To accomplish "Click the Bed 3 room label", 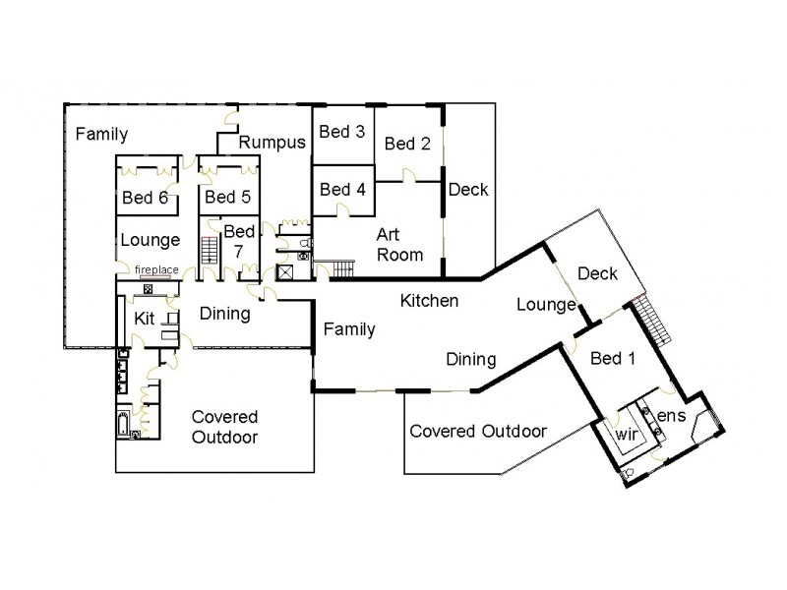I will pos(343,132).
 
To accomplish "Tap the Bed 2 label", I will pos(407,144).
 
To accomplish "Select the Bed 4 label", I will pos(343,189).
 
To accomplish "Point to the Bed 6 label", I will pos(145,198).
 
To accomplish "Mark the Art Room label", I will pos(399,245).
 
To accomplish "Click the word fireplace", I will pos(156,269).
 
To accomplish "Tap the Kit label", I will pos(145,319).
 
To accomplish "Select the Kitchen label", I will pos(430,301).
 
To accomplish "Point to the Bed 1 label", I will pos(612,359).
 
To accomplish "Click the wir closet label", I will pos(627,433).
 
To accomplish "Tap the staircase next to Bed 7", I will pos(209,249).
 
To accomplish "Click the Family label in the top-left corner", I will pos(102,133).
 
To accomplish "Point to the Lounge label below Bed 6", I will pos(150,240).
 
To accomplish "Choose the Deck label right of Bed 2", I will pos(468,190).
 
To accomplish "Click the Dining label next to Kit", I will pos(225,315).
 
